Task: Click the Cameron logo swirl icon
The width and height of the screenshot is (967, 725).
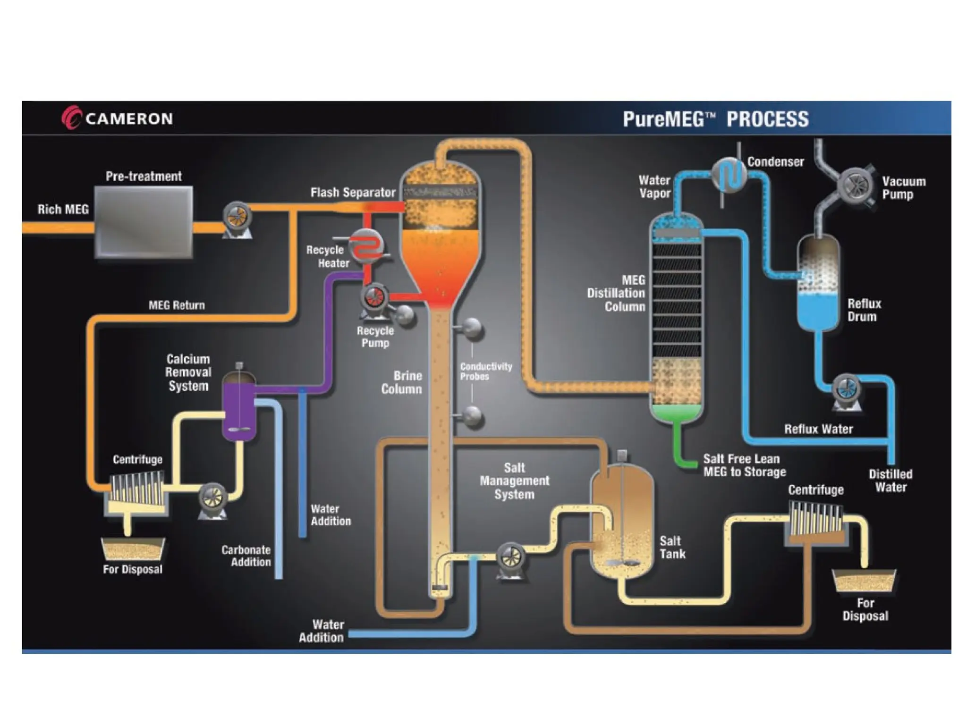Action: tap(71, 117)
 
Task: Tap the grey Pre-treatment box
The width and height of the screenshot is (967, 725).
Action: tap(144, 221)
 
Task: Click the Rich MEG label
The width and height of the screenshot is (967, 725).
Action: tap(63, 209)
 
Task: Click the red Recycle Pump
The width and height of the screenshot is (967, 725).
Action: tap(374, 297)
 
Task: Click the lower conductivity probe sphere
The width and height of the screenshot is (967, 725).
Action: tap(472, 415)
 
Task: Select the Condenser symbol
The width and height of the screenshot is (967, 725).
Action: tap(729, 175)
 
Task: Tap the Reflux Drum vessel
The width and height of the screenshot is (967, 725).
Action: tap(818, 283)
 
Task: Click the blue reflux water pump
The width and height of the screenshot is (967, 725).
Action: tap(846, 388)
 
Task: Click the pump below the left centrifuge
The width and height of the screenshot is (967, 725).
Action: tap(212, 497)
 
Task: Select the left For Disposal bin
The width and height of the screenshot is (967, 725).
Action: tap(133, 548)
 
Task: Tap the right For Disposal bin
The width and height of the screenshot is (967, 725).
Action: tap(864, 580)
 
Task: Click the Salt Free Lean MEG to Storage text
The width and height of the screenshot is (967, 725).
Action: tap(744, 465)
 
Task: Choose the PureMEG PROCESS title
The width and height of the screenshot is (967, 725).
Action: tap(715, 119)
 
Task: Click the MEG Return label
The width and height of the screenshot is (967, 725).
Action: tap(177, 305)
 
